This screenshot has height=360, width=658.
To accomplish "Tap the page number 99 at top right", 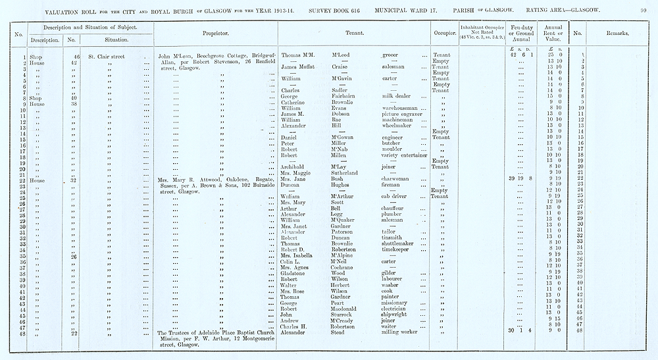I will [x=644, y=10].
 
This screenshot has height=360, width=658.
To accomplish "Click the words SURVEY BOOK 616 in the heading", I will [x=334, y=10].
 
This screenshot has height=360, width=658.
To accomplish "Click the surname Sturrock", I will [x=342, y=314].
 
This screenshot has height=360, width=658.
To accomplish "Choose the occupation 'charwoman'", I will [x=397, y=179].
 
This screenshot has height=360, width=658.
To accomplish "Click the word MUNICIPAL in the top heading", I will [x=397, y=10].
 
